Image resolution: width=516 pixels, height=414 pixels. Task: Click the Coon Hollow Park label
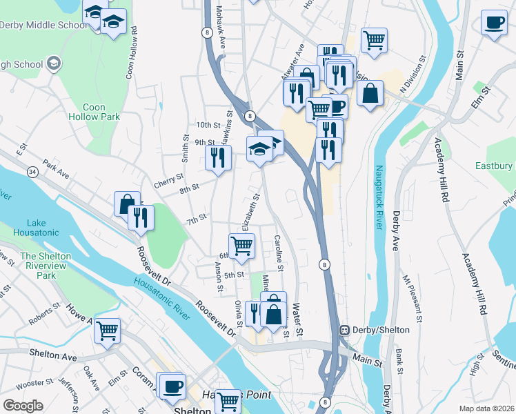[x=103, y=112]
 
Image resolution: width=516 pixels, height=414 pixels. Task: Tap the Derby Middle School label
[x=43, y=25]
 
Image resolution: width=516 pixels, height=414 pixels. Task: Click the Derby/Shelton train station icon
[x=343, y=330]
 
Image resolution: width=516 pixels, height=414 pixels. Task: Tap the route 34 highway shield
[x=32, y=170]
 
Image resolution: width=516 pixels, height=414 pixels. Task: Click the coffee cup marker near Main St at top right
[x=493, y=22]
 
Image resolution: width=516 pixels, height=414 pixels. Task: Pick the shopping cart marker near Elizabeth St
[x=241, y=246]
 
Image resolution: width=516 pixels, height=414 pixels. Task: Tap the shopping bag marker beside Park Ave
[x=127, y=204]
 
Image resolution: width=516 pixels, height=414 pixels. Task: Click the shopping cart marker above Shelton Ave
[x=107, y=331]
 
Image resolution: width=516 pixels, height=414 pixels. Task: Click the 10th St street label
[x=207, y=125]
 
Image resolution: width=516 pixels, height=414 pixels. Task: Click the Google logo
[x=23, y=406]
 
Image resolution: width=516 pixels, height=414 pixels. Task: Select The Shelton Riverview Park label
[x=46, y=266]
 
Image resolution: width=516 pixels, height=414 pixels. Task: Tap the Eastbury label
[x=495, y=166]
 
